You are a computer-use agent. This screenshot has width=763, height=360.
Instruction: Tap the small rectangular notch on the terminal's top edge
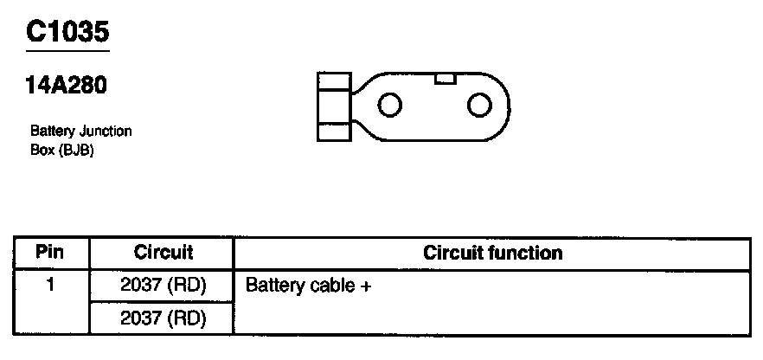tap(445, 79)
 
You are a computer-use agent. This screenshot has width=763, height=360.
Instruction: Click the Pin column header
tap(51, 253)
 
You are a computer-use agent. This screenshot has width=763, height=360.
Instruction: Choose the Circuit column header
tap(163, 253)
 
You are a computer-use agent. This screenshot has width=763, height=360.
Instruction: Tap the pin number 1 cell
tap(51, 284)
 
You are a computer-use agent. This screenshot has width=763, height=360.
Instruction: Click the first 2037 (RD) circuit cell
tap(163, 285)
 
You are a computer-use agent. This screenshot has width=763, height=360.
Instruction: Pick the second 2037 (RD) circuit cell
tap(163, 318)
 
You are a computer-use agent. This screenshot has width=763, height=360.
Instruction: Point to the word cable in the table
tap(327, 285)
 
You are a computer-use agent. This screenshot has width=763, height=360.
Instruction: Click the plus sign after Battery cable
tap(365, 286)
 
